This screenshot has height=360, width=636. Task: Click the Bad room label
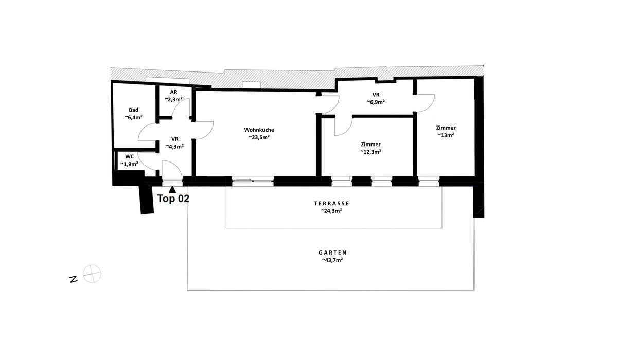133,110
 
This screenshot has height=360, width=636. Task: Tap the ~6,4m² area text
133,117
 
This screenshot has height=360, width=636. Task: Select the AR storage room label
173,92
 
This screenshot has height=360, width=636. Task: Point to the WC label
130,156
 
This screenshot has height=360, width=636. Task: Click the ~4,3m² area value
174,147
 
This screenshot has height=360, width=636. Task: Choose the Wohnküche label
259,130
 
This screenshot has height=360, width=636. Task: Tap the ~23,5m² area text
259,137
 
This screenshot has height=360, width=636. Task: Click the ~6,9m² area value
376,102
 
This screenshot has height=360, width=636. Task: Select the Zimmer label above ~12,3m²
370,144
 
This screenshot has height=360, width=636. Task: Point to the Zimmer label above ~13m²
446,128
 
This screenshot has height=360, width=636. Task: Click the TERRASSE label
331,203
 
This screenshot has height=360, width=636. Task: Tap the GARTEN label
332,252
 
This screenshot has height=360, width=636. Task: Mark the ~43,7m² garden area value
332,260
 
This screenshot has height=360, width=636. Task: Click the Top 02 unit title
173,199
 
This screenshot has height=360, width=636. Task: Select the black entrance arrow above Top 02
172,189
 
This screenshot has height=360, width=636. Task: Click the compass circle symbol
92,274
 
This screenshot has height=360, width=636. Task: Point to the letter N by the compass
74,279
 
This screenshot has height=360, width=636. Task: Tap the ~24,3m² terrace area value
331,211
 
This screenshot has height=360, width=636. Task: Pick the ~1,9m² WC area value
129,164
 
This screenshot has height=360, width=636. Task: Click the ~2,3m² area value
173,99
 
